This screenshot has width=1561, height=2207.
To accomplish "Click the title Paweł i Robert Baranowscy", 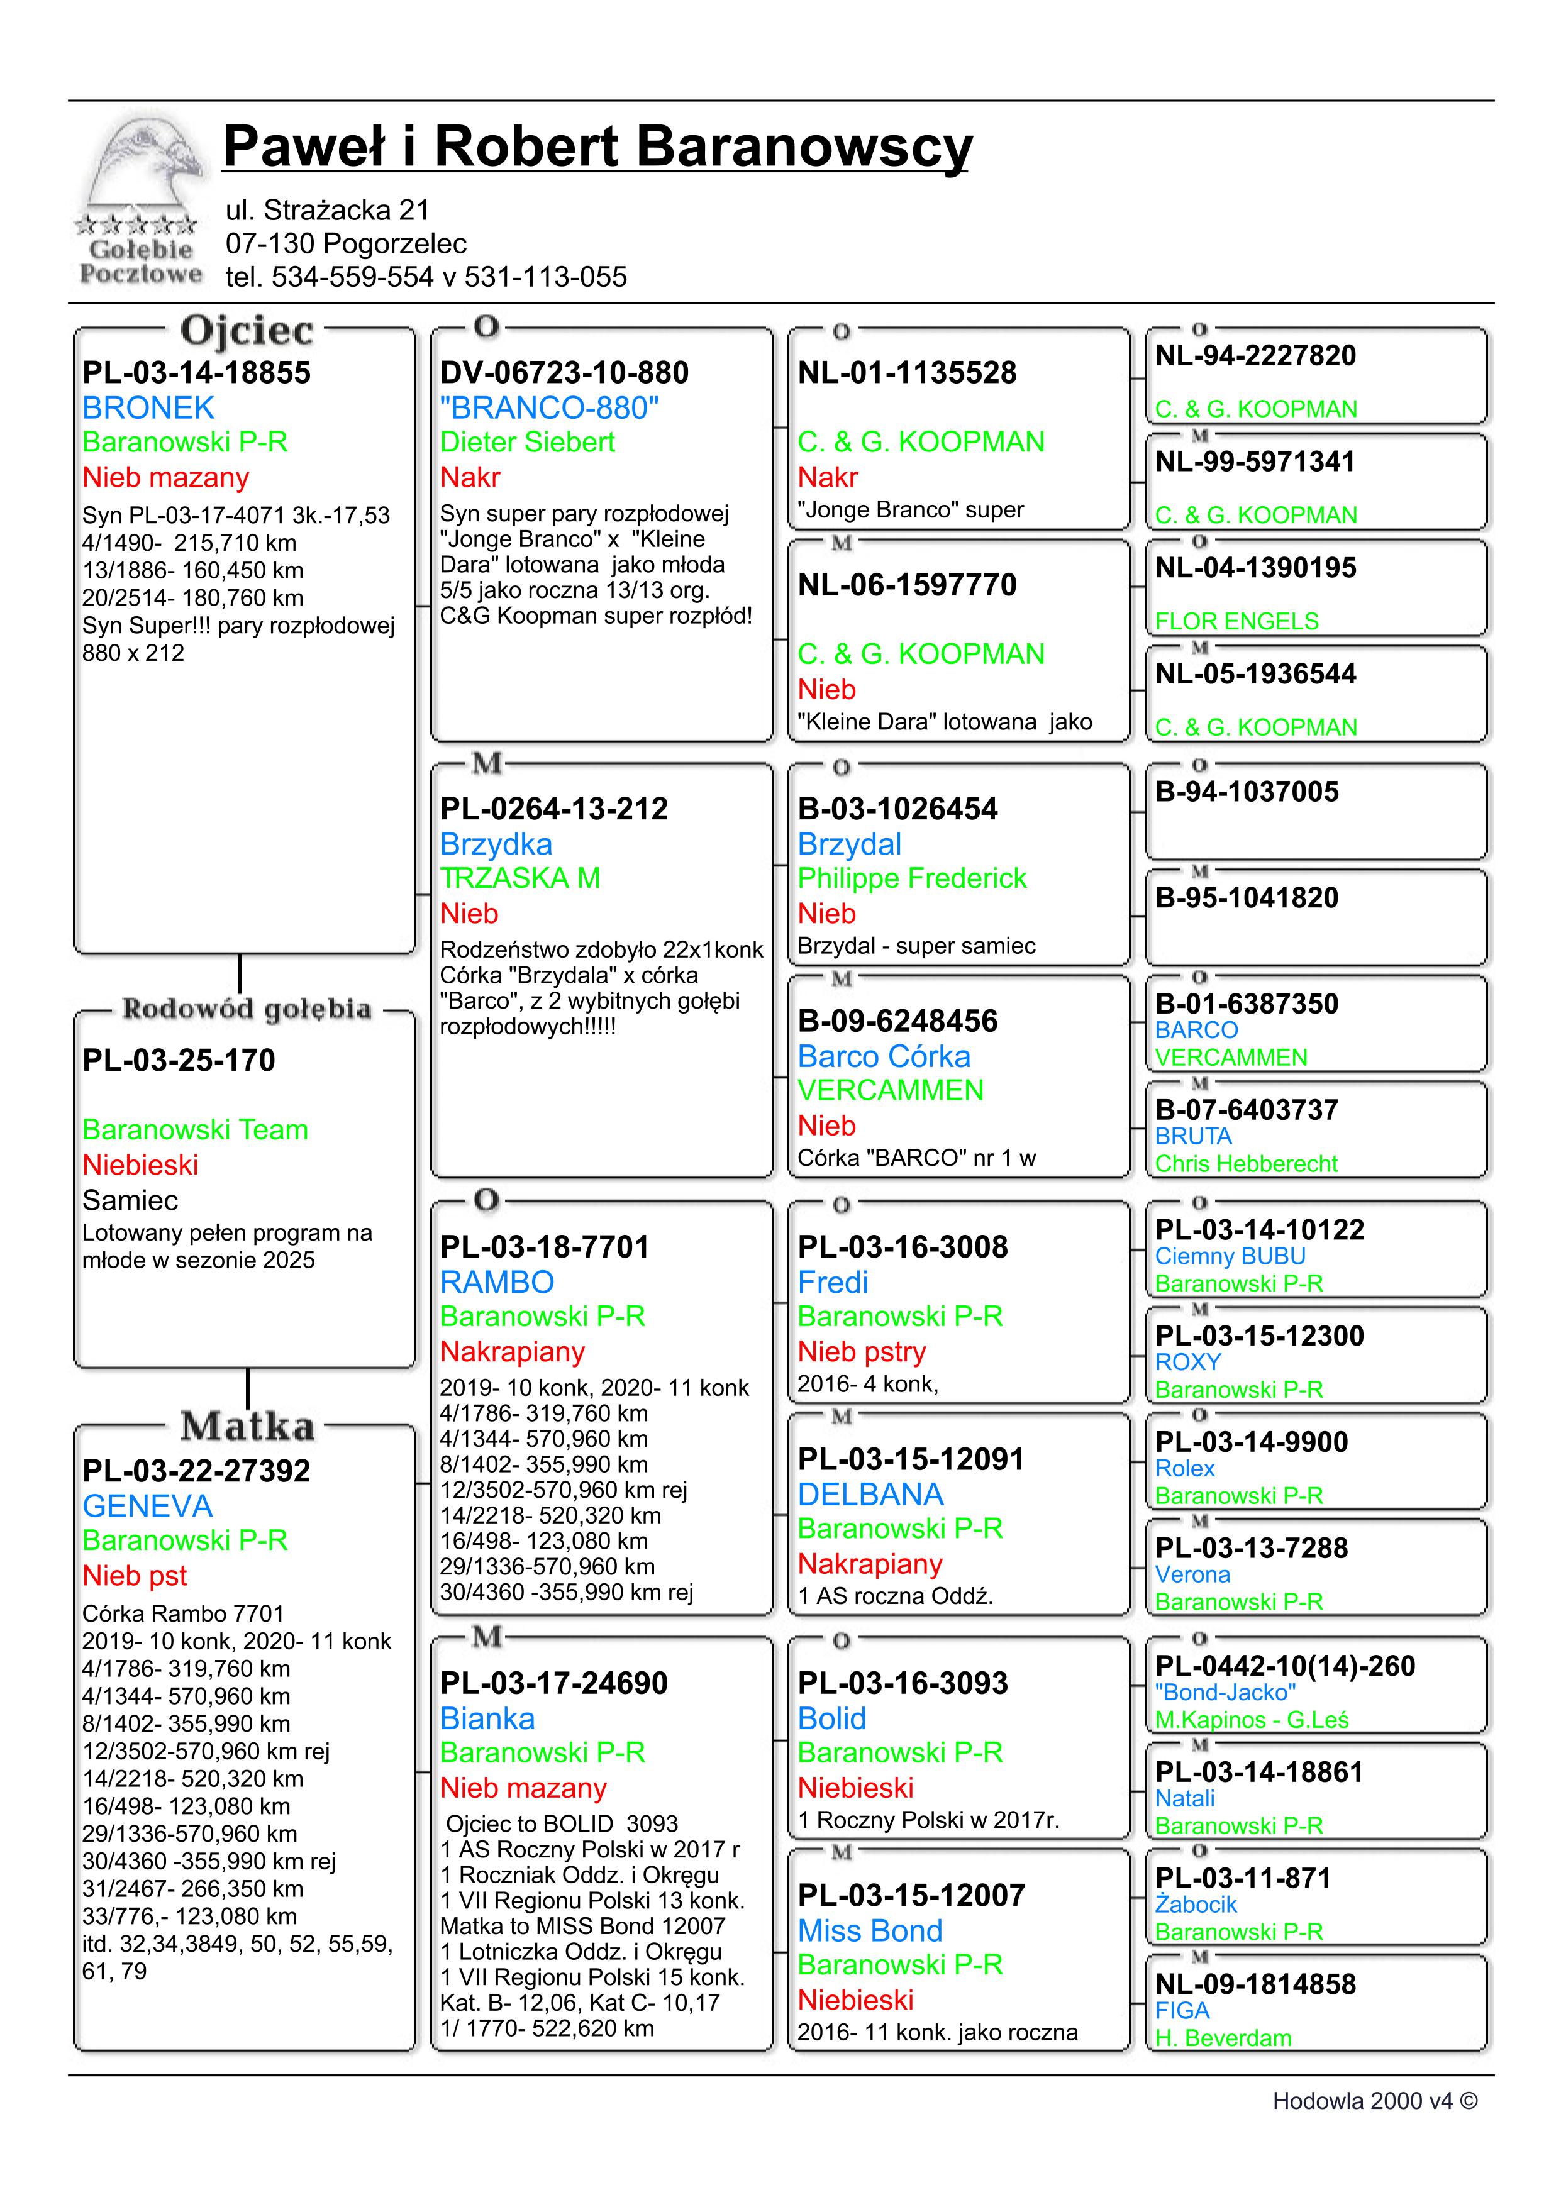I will (x=597, y=147).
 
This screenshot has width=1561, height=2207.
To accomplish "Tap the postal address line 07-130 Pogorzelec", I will (x=346, y=243).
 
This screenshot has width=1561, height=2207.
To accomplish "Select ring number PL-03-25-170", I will (x=179, y=1060).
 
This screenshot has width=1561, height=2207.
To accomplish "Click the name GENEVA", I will (x=147, y=1507).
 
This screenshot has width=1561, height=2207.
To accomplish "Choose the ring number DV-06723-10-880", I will (x=564, y=372).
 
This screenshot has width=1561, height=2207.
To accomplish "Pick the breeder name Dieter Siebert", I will (x=527, y=442).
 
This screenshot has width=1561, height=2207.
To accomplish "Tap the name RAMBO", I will (x=497, y=1282).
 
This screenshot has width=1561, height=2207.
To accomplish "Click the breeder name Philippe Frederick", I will (x=911, y=878).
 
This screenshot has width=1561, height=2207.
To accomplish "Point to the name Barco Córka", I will (x=884, y=1056).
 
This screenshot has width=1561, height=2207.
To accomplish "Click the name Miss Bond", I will (x=870, y=1931).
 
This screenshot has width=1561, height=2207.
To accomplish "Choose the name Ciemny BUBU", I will (x=1230, y=1256).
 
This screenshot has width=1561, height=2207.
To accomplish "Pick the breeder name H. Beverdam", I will (x=1223, y=2038).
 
